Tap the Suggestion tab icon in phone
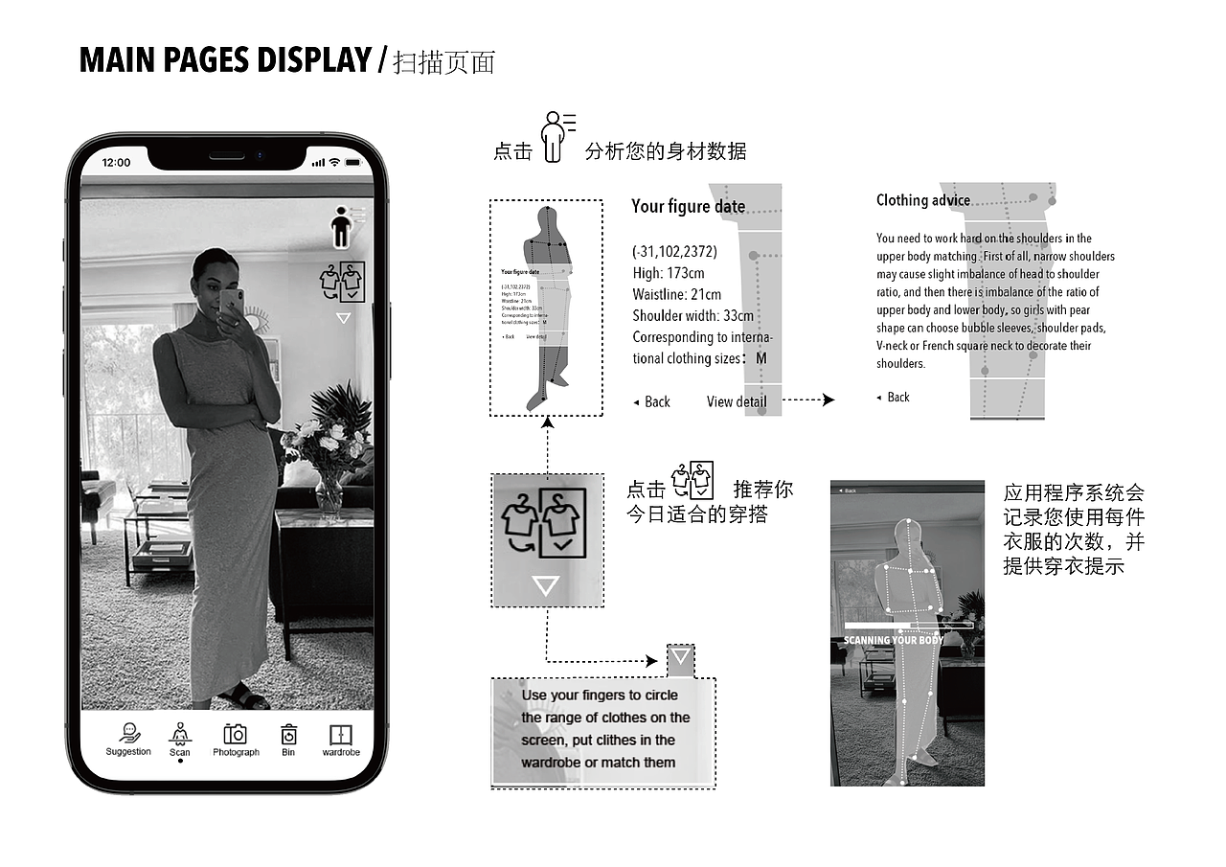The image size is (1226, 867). pos(128,734)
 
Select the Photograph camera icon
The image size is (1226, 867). pos(235,735)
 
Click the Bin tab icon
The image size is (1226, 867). pos(288,735)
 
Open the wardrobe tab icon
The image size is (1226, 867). pos(341,735)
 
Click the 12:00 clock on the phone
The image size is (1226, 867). pos(116,163)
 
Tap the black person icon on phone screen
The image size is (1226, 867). pos(341,231)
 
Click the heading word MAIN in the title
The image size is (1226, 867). pos(113,60)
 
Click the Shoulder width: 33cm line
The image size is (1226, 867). pos(692,315)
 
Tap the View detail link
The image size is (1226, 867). pos(736,401)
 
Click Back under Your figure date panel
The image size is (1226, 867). pos(652,401)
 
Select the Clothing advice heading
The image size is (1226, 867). pos(922,200)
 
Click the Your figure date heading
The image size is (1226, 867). pos(688,206)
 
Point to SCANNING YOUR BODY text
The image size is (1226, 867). pos(893,640)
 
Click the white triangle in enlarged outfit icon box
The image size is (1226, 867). pos(546,585)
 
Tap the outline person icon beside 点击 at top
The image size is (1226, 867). pos(553,137)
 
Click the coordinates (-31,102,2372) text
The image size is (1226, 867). pos(673,252)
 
